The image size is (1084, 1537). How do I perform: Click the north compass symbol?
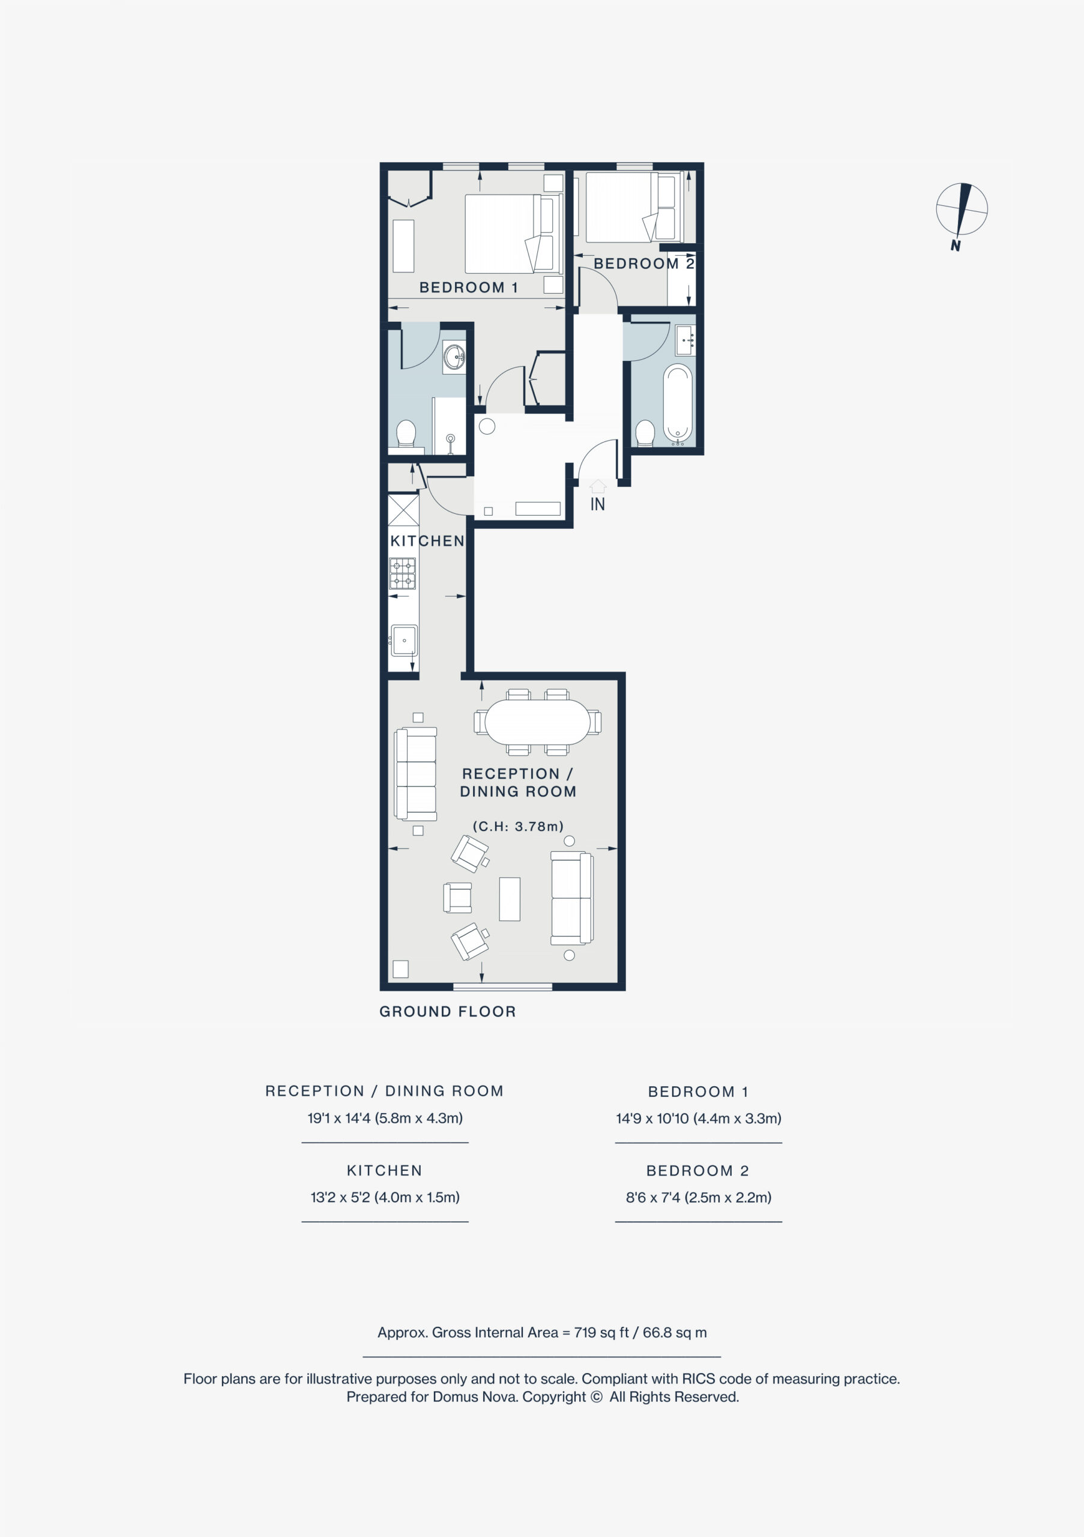[962, 213]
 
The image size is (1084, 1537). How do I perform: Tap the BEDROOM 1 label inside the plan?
[468, 288]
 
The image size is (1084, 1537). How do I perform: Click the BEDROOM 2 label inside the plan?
[643, 264]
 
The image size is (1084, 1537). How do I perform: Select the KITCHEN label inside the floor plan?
[427, 541]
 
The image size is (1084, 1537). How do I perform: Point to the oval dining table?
[538, 722]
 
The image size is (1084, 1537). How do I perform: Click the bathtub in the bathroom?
[678, 404]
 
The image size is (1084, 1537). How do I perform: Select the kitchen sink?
[403, 641]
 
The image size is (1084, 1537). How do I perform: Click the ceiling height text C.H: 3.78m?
[519, 827]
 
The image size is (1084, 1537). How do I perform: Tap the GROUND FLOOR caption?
[448, 1012]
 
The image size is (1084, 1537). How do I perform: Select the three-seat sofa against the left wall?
[415, 774]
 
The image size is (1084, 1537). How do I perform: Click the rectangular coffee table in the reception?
[510, 899]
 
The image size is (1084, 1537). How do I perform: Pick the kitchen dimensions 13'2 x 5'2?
[385, 1197]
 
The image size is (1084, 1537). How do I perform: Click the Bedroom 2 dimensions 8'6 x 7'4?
[699, 1197]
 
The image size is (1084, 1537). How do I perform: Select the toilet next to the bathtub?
[645, 433]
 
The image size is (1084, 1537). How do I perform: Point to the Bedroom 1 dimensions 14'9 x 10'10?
[699, 1118]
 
